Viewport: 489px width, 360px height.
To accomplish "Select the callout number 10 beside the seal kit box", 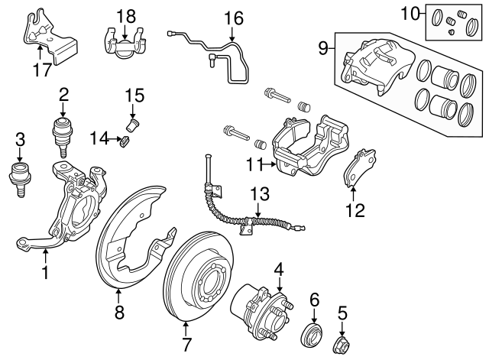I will pos(411,13).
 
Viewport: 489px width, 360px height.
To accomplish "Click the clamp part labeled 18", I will pos(124,41).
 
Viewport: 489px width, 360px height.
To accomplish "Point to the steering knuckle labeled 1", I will pos(73,206).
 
